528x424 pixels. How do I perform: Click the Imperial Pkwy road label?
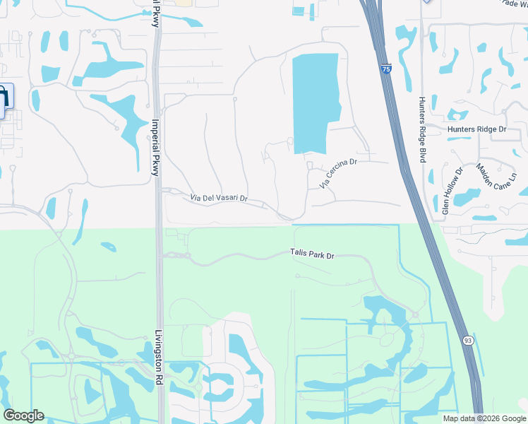[x=155, y=146]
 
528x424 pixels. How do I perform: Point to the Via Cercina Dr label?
[x=340, y=173]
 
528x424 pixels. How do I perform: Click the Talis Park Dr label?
[x=311, y=253]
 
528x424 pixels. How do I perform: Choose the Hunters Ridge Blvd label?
[x=421, y=130]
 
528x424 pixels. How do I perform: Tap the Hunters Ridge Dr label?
[x=477, y=129]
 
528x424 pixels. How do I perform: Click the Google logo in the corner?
[x=23, y=416]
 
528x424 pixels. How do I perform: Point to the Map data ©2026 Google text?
[x=484, y=418]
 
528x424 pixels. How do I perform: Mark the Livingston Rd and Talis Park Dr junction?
[x=161, y=256]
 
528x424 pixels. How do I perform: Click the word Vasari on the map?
[x=224, y=199]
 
